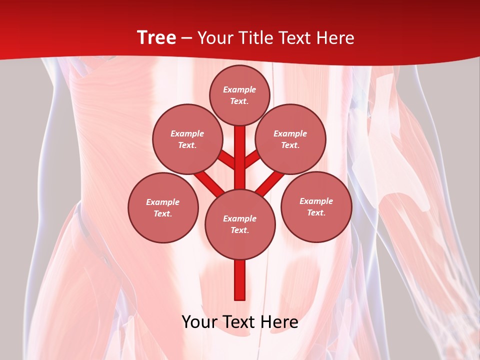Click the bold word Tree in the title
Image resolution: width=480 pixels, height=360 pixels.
click(x=156, y=38)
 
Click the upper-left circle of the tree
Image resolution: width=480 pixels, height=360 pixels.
click(x=187, y=139)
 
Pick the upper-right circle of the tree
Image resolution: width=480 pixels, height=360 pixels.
click(x=290, y=139)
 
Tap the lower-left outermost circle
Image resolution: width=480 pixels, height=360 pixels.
click(x=163, y=207)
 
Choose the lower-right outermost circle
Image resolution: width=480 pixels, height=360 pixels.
click(x=316, y=206)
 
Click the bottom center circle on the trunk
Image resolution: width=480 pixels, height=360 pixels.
click(x=240, y=224)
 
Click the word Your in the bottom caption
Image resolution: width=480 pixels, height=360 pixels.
click(x=199, y=322)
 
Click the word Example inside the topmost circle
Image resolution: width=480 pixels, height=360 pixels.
click(x=239, y=90)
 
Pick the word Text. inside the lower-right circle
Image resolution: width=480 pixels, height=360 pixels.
click(x=316, y=212)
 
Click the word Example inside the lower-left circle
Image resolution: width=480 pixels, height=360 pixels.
click(x=162, y=202)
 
